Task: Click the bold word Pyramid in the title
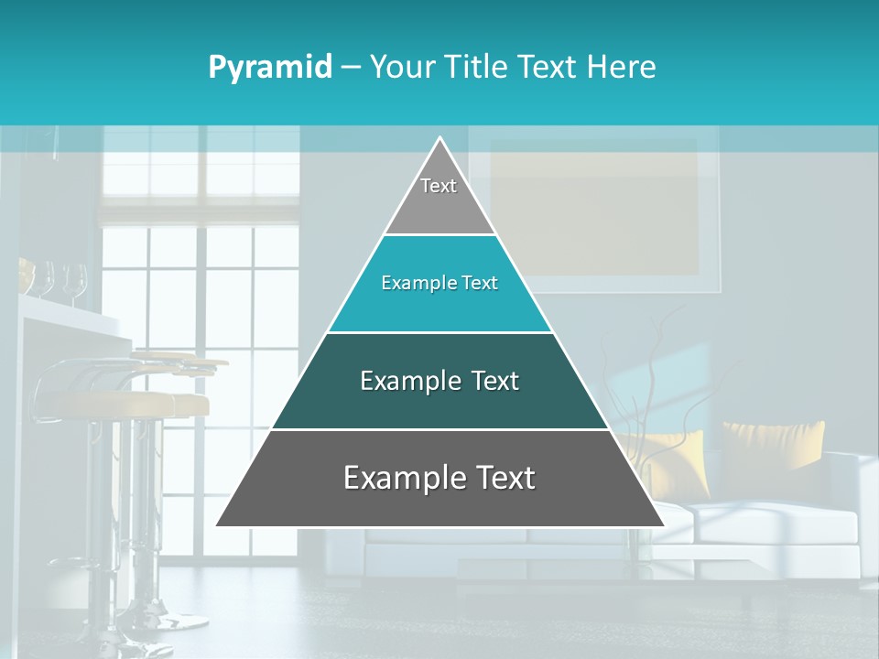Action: pyautogui.click(x=270, y=68)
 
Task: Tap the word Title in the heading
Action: pyautogui.click(x=481, y=68)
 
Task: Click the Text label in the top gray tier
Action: pyautogui.click(x=439, y=186)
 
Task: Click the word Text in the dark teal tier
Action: pyautogui.click(x=495, y=382)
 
